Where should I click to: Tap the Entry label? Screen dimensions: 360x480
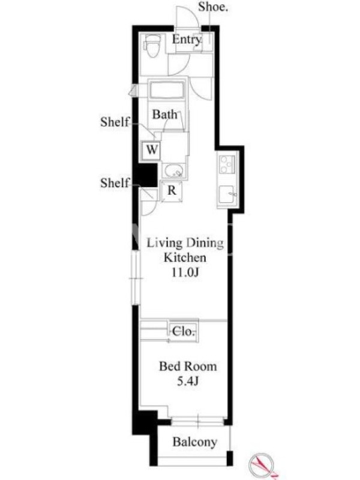click(187, 40)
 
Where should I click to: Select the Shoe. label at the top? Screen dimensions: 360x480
click(213, 7)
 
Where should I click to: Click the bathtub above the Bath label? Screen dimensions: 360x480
click(167, 89)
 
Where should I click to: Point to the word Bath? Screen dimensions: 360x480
click(165, 115)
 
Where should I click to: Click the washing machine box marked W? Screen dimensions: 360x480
click(152, 149)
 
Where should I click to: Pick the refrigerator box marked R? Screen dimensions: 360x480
click(172, 191)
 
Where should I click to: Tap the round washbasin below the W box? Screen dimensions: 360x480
click(173, 171)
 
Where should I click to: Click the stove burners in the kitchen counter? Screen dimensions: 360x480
click(227, 164)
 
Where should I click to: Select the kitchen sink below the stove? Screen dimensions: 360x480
click(227, 194)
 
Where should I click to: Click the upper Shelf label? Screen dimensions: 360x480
click(115, 122)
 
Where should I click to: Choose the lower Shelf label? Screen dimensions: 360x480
click(115, 183)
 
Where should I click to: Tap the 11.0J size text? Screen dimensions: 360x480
click(185, 272)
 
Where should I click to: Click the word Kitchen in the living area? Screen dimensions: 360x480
click(185, 257)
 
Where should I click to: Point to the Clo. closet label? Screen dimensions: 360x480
click(183, 331)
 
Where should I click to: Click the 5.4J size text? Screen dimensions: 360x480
click(188, 381)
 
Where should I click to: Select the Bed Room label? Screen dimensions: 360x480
click(188, 367)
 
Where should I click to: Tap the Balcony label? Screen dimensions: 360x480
click(194, 442)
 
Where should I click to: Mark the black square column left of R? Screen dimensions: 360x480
click(146, 175)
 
